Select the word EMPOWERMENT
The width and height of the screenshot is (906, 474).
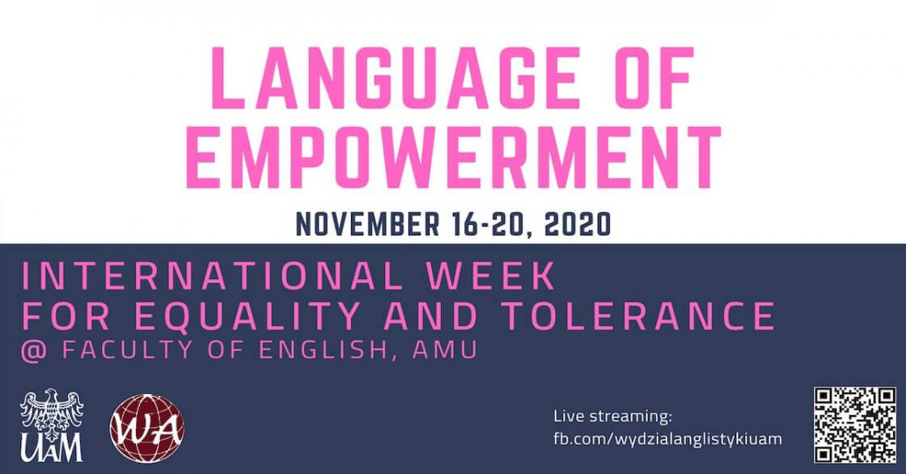point(454,157)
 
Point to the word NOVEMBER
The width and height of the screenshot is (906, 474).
point(367,224)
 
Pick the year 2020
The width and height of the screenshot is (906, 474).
point(578,224)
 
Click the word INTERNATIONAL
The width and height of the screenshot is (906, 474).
point(211,277)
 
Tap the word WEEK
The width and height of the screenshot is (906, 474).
point(491,277)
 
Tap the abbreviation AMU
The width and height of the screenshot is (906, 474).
point(445,350)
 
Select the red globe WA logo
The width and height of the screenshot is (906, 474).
point(147,429)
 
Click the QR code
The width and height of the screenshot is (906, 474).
point(855,425)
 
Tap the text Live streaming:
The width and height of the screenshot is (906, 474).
point(612,417)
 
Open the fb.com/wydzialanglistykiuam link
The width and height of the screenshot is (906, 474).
point(667,438)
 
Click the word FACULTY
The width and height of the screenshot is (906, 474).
point(127,350)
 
